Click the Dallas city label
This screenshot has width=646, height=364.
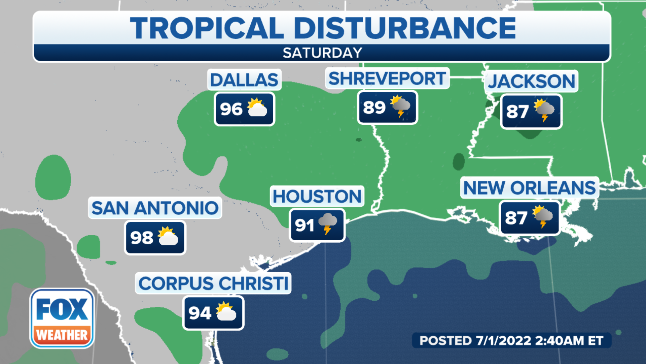click(x=244, y=80)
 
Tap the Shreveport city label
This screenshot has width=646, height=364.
click(x=387, y=79)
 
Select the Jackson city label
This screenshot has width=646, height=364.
click(x=532, y=82)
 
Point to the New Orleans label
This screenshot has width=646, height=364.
click(x=529, y=188)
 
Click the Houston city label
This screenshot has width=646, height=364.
click(x=317, y=196)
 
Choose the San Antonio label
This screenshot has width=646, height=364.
click(x=155, y=208)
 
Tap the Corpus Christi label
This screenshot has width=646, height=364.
click(x=213, y=283)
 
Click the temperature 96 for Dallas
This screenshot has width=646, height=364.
click(x=231, y=109)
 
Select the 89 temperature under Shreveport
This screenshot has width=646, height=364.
click(x=374, y=108)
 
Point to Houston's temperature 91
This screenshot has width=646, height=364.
click(x=304, y=225)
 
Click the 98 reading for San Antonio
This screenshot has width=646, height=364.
click(x=142, y=238)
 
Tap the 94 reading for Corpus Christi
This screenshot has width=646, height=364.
click(x=200, y=313)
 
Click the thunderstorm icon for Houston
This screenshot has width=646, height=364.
click(x=327, y=223)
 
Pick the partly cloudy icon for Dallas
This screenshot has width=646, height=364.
click(x=257, y=108)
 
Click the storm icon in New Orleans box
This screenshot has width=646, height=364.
click(x=542, y=216)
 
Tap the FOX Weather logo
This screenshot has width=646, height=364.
click(x=62, y=318)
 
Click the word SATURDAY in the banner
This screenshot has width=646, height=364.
click(x=322, y=53)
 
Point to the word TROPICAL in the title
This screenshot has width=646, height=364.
click(x=207, y=28)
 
